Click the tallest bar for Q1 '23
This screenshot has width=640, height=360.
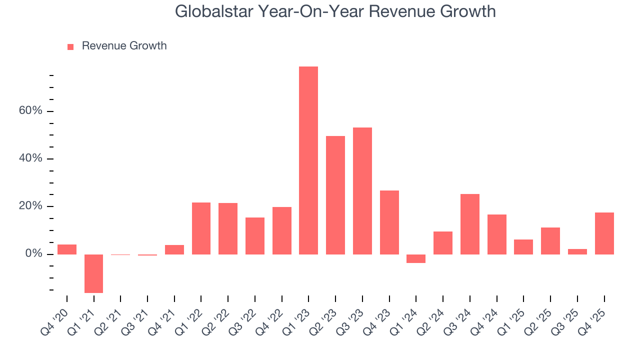click(x=308, y=160)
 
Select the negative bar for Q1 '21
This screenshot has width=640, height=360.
click(x=93, y=273)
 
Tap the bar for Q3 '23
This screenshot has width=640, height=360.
click(x=362, y=190)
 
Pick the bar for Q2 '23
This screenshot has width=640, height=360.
click(x=335, y=195)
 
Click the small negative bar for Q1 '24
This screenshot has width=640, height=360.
click(x=416, y=258)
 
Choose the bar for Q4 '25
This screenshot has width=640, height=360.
click(x=604, y=233)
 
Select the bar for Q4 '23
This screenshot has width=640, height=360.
click(x=389, y=222)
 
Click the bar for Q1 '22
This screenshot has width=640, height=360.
click(x=201, y=228)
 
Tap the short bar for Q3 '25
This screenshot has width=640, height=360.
click(x=577, y=251)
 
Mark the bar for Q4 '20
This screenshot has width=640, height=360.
click(x=67, y=249)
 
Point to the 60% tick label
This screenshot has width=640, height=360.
click(x=31, y=110)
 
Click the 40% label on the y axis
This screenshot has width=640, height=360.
click(x=31, y=158)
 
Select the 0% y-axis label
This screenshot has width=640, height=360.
click(x=33, y=254)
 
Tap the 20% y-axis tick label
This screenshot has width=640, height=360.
click(x=31, y=206)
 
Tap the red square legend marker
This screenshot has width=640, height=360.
click(x=70, y=46)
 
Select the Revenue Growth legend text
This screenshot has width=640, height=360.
click(x=124, y=46)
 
